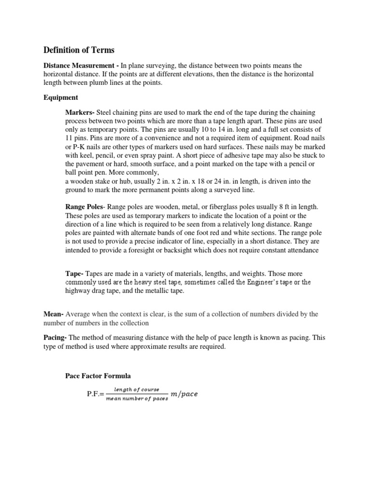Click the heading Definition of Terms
tap(79, 50)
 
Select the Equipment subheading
tap(61, 97)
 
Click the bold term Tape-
tap(74, 274)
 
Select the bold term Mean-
tap(53, 314)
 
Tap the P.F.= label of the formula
tap(94, 394)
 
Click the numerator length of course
tap(134, 389)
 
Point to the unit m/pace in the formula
tap(185, 394)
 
